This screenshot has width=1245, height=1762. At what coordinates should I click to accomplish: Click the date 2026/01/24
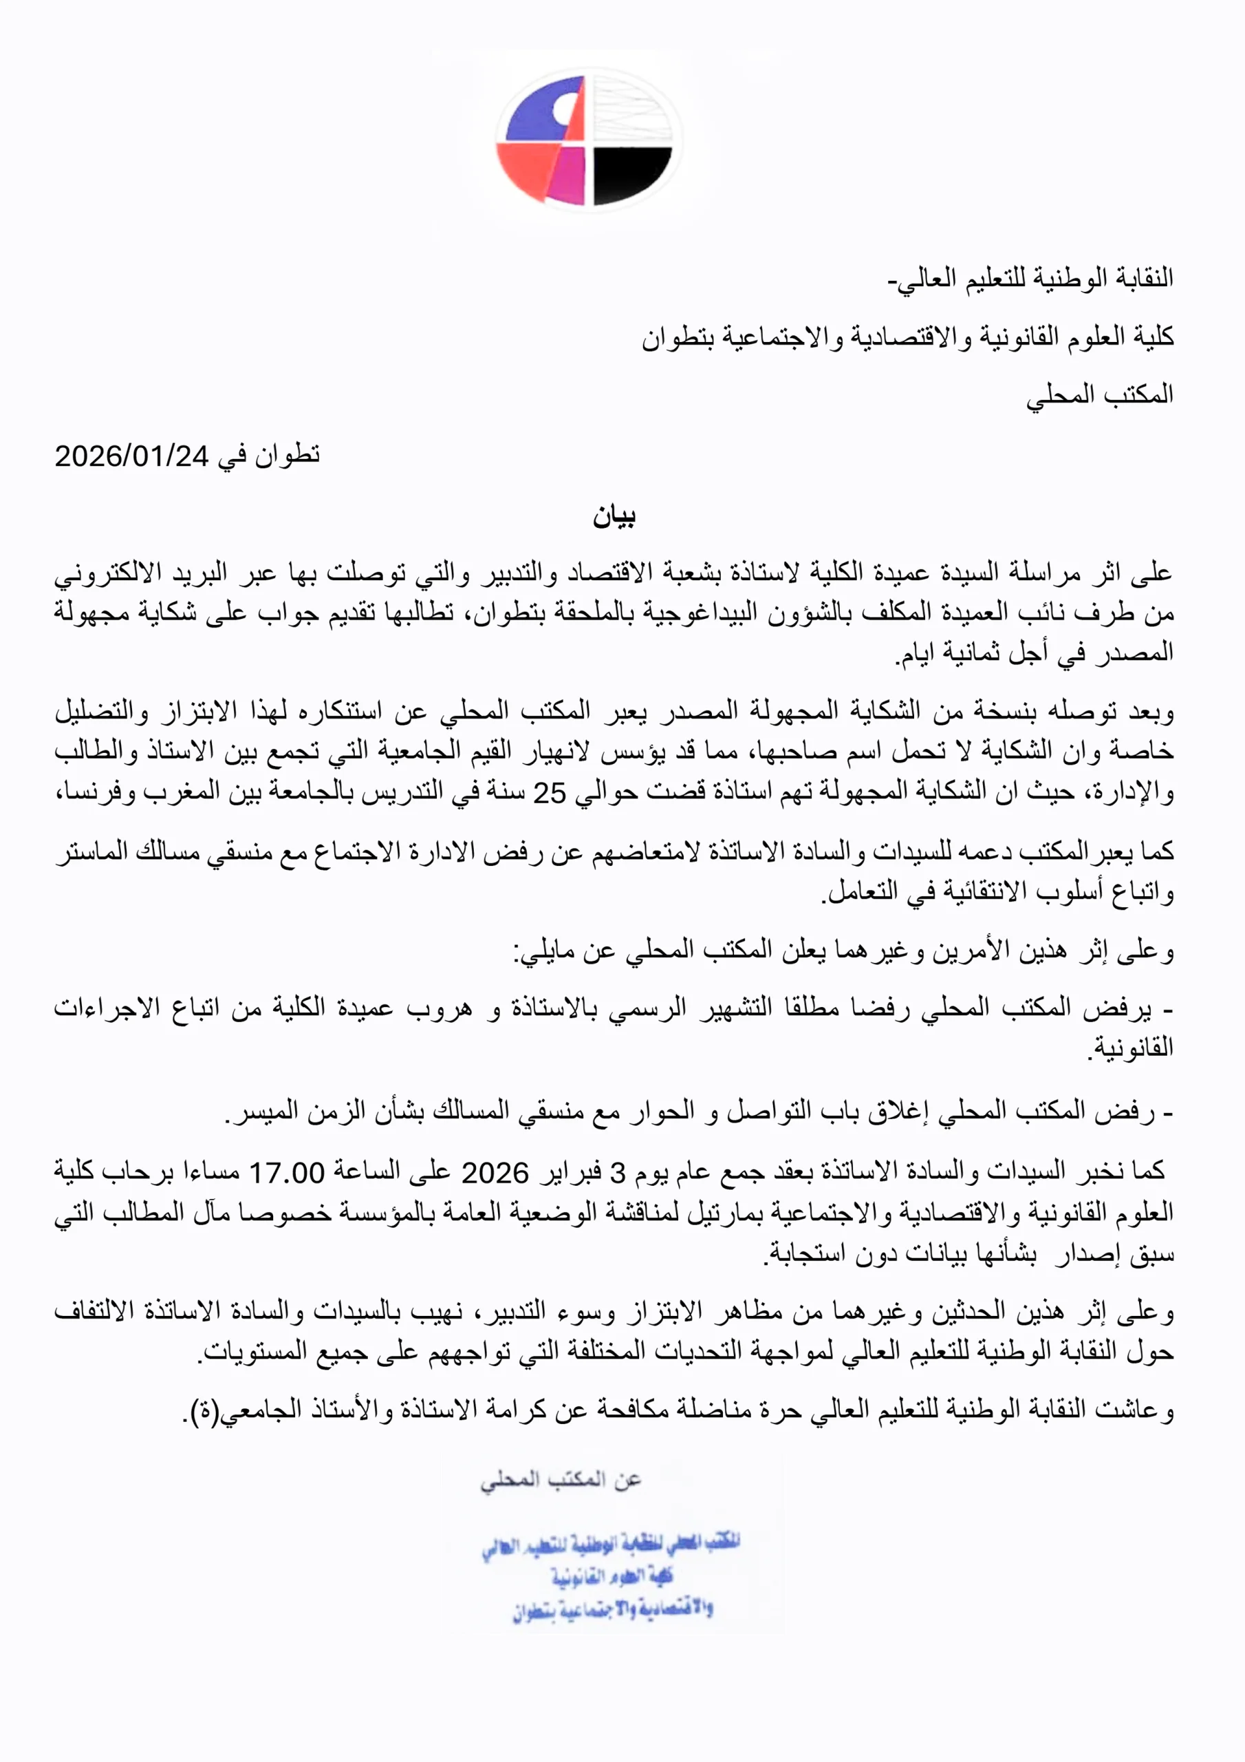pyautogui.click(x=131, y=456)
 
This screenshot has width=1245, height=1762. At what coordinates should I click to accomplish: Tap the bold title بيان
pyautogui.click(x=614, y=516)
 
